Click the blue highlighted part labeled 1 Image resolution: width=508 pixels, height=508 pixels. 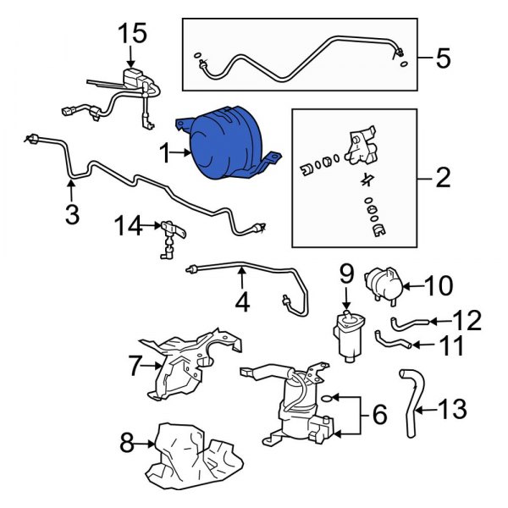pyautogui.click(x=224, y=146)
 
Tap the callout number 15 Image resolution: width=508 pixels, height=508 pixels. pyautogui.click(x=132, y=35)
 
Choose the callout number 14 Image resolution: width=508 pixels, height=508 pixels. pyautogui.click(x=130, y=226)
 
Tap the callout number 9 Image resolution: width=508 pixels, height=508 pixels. pyautogui.click(x=345, y=273)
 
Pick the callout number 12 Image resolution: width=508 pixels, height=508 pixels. pyautogui.click(x=467, y=320)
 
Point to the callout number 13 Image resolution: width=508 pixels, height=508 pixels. pyautogui.click(x=453, y=411)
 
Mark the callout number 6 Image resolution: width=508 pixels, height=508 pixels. pyautogui.click(x=378, y=415)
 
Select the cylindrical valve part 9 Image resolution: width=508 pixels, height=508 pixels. pyautogui.click(x=348, y=336)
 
